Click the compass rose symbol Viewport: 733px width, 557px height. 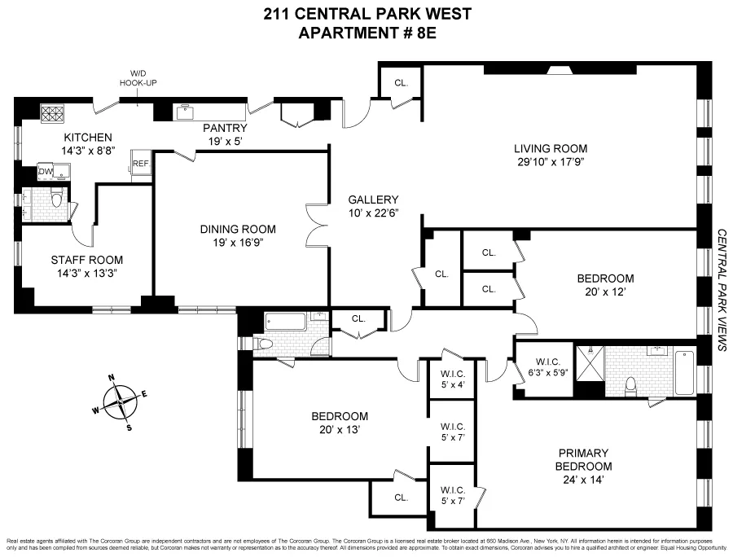122,399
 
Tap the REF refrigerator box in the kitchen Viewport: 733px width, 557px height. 141,163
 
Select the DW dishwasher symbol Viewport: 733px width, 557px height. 45,172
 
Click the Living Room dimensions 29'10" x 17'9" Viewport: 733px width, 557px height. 550,162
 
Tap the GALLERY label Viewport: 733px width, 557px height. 372,200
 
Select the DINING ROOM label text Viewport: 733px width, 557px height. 238,229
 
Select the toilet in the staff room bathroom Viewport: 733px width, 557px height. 56,199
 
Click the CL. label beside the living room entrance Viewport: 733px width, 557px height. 401,83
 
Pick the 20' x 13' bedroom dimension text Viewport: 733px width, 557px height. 340,429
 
